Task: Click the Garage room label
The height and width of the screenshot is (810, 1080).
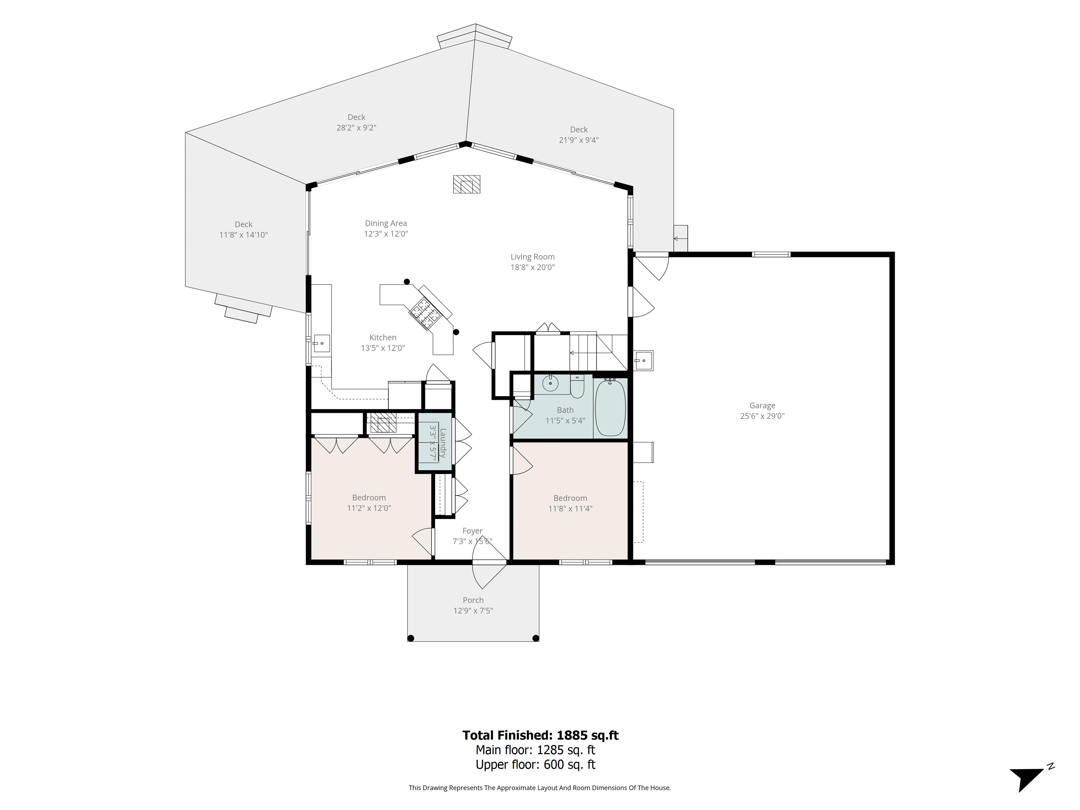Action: [762, 405]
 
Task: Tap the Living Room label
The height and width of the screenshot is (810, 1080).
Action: [532, 257]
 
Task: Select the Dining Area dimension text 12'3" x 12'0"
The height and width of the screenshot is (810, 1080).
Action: [386, 234]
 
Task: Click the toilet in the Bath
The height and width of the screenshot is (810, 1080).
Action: [577, 386]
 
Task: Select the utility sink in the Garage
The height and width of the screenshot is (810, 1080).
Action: [643, 361]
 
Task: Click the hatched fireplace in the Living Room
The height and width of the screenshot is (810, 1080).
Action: [466, 184]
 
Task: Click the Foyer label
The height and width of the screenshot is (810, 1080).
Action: [472, 531]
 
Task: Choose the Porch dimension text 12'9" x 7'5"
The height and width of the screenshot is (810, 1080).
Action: [473, 611]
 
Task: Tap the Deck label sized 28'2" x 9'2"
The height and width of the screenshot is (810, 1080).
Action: [356, 117]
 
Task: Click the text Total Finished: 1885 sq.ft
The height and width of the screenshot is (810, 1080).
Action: [540, 735]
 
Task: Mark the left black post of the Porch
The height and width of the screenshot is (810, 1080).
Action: [411, 638]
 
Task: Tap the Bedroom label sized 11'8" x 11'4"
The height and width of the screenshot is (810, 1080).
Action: [570, 498]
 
